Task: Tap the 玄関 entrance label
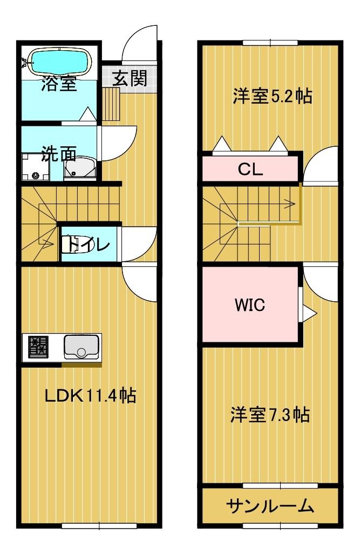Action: click(130, 79)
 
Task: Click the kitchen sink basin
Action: click(81, 347)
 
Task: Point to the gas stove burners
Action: click(37, 347)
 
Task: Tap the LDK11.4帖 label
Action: click(90, 396)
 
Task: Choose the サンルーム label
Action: click(270, 506)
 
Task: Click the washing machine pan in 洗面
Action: click(36, 166)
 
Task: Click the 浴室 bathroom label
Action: click(59, 85)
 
